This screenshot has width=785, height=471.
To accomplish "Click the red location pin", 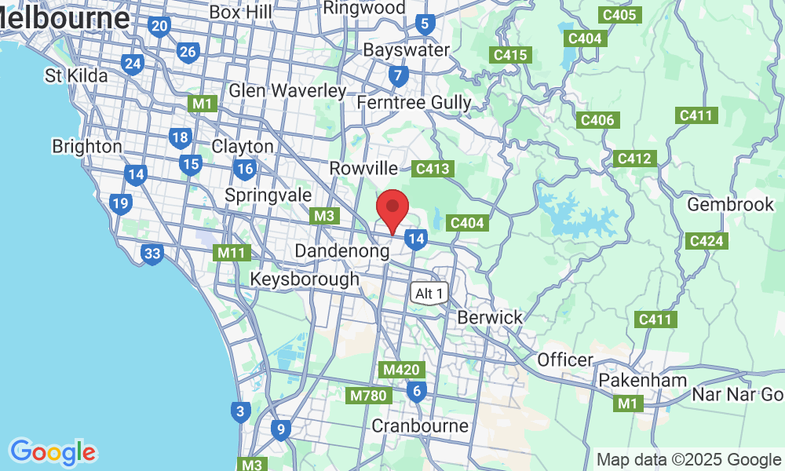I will (x=392, y=210).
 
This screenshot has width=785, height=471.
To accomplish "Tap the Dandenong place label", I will (x=342, y=251).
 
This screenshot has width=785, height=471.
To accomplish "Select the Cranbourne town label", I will (x=420, y=426).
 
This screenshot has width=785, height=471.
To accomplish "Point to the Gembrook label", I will (x=730, y=204).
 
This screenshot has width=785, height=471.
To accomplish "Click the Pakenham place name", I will (x=643, y=381).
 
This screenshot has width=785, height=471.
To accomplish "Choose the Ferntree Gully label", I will (x=414, y=103).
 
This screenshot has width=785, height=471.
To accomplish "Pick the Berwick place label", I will (x=490, y=318).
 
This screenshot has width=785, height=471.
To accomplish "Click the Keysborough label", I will (x=305, y=279).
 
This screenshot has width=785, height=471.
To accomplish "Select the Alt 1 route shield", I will (x=430, y=293).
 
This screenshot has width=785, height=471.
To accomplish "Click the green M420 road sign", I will (x=403, y=369).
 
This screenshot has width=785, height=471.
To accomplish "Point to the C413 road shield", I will (x=433, y=168).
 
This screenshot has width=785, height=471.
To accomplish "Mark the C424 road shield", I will (x=704, y=240).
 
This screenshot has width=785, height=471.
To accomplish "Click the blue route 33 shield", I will (x=152, y=254).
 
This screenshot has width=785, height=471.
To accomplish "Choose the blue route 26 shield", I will (x=188, y=53).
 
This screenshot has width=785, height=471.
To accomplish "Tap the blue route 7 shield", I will (x=399, y=76).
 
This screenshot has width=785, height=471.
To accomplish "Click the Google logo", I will (x=53, y=452).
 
